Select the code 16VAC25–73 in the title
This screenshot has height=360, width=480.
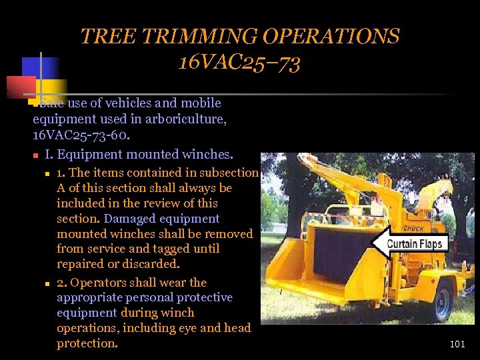pos(239,63)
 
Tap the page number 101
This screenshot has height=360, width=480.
pos(457,345)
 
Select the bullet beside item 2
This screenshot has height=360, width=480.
pos(48,283)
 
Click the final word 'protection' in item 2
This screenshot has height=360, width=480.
pos(86,343)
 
